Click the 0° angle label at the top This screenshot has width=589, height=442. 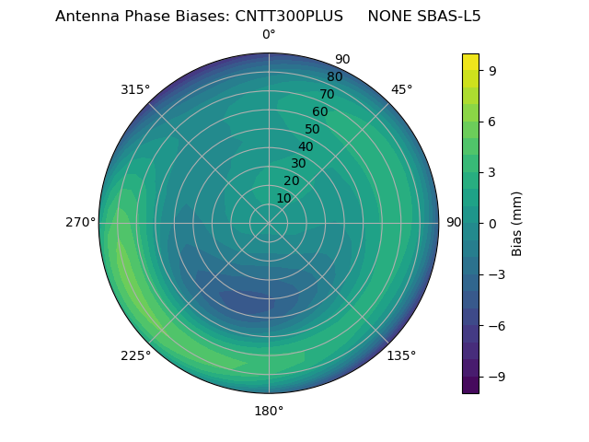(x=269, y=35)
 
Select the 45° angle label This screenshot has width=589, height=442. (x=401, y=89)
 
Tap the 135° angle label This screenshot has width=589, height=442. (x=401, y=355)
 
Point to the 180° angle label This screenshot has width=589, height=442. (x=269, y=411)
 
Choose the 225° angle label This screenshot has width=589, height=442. (x=135, y=355)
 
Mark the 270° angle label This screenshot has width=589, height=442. (x=81, y=223)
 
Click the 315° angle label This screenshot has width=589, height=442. (x=135, y=89)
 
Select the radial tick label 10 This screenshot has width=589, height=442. (x=283, y=198)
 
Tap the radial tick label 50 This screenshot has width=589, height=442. (x=313, y=129)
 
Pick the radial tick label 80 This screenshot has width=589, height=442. (x=335, y=76)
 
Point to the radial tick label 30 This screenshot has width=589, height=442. (x=298, y=164)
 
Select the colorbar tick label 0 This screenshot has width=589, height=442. (x=491, y=223)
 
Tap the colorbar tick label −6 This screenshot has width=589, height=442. (x=496, y=325)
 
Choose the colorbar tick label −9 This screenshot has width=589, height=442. (x=496, y=377)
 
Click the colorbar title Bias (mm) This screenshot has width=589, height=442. (x=517, y=223)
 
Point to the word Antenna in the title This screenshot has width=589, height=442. (x=86, y=17)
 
